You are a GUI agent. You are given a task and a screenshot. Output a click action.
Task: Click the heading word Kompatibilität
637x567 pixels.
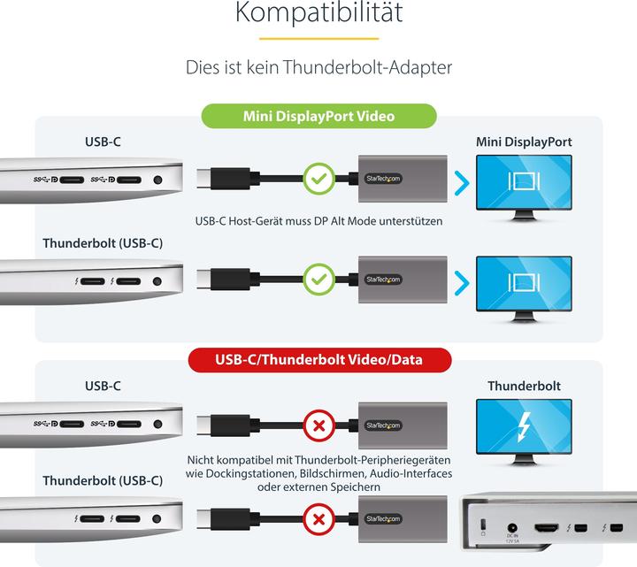[x=319, y=13]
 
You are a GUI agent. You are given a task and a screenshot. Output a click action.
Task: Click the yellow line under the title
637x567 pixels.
[x=319, y=38]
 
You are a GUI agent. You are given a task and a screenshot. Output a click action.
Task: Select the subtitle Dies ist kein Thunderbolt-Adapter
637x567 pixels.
[x=319, y=66]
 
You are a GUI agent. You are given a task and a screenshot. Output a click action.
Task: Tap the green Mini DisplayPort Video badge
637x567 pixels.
[x=318, y=116]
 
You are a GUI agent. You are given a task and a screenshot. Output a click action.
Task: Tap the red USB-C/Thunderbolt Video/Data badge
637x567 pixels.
[x=319, y=360]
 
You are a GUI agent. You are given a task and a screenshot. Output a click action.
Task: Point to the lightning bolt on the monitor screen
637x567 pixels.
[x=524, y=429]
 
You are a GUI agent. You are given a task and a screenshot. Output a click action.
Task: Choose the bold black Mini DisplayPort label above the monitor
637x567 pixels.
[x=524, y=142]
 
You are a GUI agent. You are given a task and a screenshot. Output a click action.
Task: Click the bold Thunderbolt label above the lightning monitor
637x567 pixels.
[x=524, y=386]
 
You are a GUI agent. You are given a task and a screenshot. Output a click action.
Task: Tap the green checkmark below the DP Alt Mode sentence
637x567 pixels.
[x=318, y=280]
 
